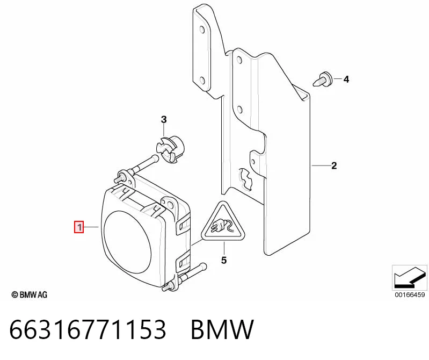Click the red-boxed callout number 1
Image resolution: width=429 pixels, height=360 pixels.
pos(79,227)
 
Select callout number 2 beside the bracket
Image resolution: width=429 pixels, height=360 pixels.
pos(334,165)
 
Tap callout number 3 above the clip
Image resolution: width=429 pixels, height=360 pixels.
pos(164,120)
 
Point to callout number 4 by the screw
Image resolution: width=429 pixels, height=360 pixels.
pos(346,80)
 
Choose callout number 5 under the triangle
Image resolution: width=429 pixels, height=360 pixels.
pos(224,261)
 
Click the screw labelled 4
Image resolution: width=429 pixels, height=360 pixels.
pos(323,80)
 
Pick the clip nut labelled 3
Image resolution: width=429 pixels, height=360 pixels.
pos(170,150)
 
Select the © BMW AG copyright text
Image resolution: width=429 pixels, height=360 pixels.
pos(30,295)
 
